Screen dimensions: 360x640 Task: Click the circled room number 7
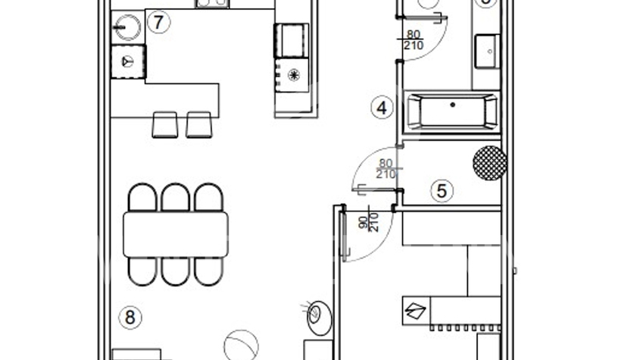(x=158, y=22)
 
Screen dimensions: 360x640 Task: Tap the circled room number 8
(x=130, y=317)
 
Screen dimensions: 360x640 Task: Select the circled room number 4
(x=382, y=108)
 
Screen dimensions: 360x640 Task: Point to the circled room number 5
(x=442, y=192)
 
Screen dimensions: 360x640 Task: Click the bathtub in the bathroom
(x=453, y=111)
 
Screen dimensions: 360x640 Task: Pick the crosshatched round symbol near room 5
(x=489, y=164)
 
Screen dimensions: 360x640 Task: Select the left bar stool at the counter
(x=164, y=124)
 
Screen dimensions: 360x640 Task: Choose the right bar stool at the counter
(x=198, y=124)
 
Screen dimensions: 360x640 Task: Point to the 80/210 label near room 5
(x=386, y=168)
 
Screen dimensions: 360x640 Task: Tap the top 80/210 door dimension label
(x=414, y=40)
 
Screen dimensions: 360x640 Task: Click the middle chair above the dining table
(x=176, y=198)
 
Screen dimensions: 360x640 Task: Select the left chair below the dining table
(x=142, y=271)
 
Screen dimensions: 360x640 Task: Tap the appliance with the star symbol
(x=292, y=75)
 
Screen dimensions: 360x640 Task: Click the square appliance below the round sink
(x=127, y=60)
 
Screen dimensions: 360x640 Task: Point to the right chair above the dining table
(x=210, y=198)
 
